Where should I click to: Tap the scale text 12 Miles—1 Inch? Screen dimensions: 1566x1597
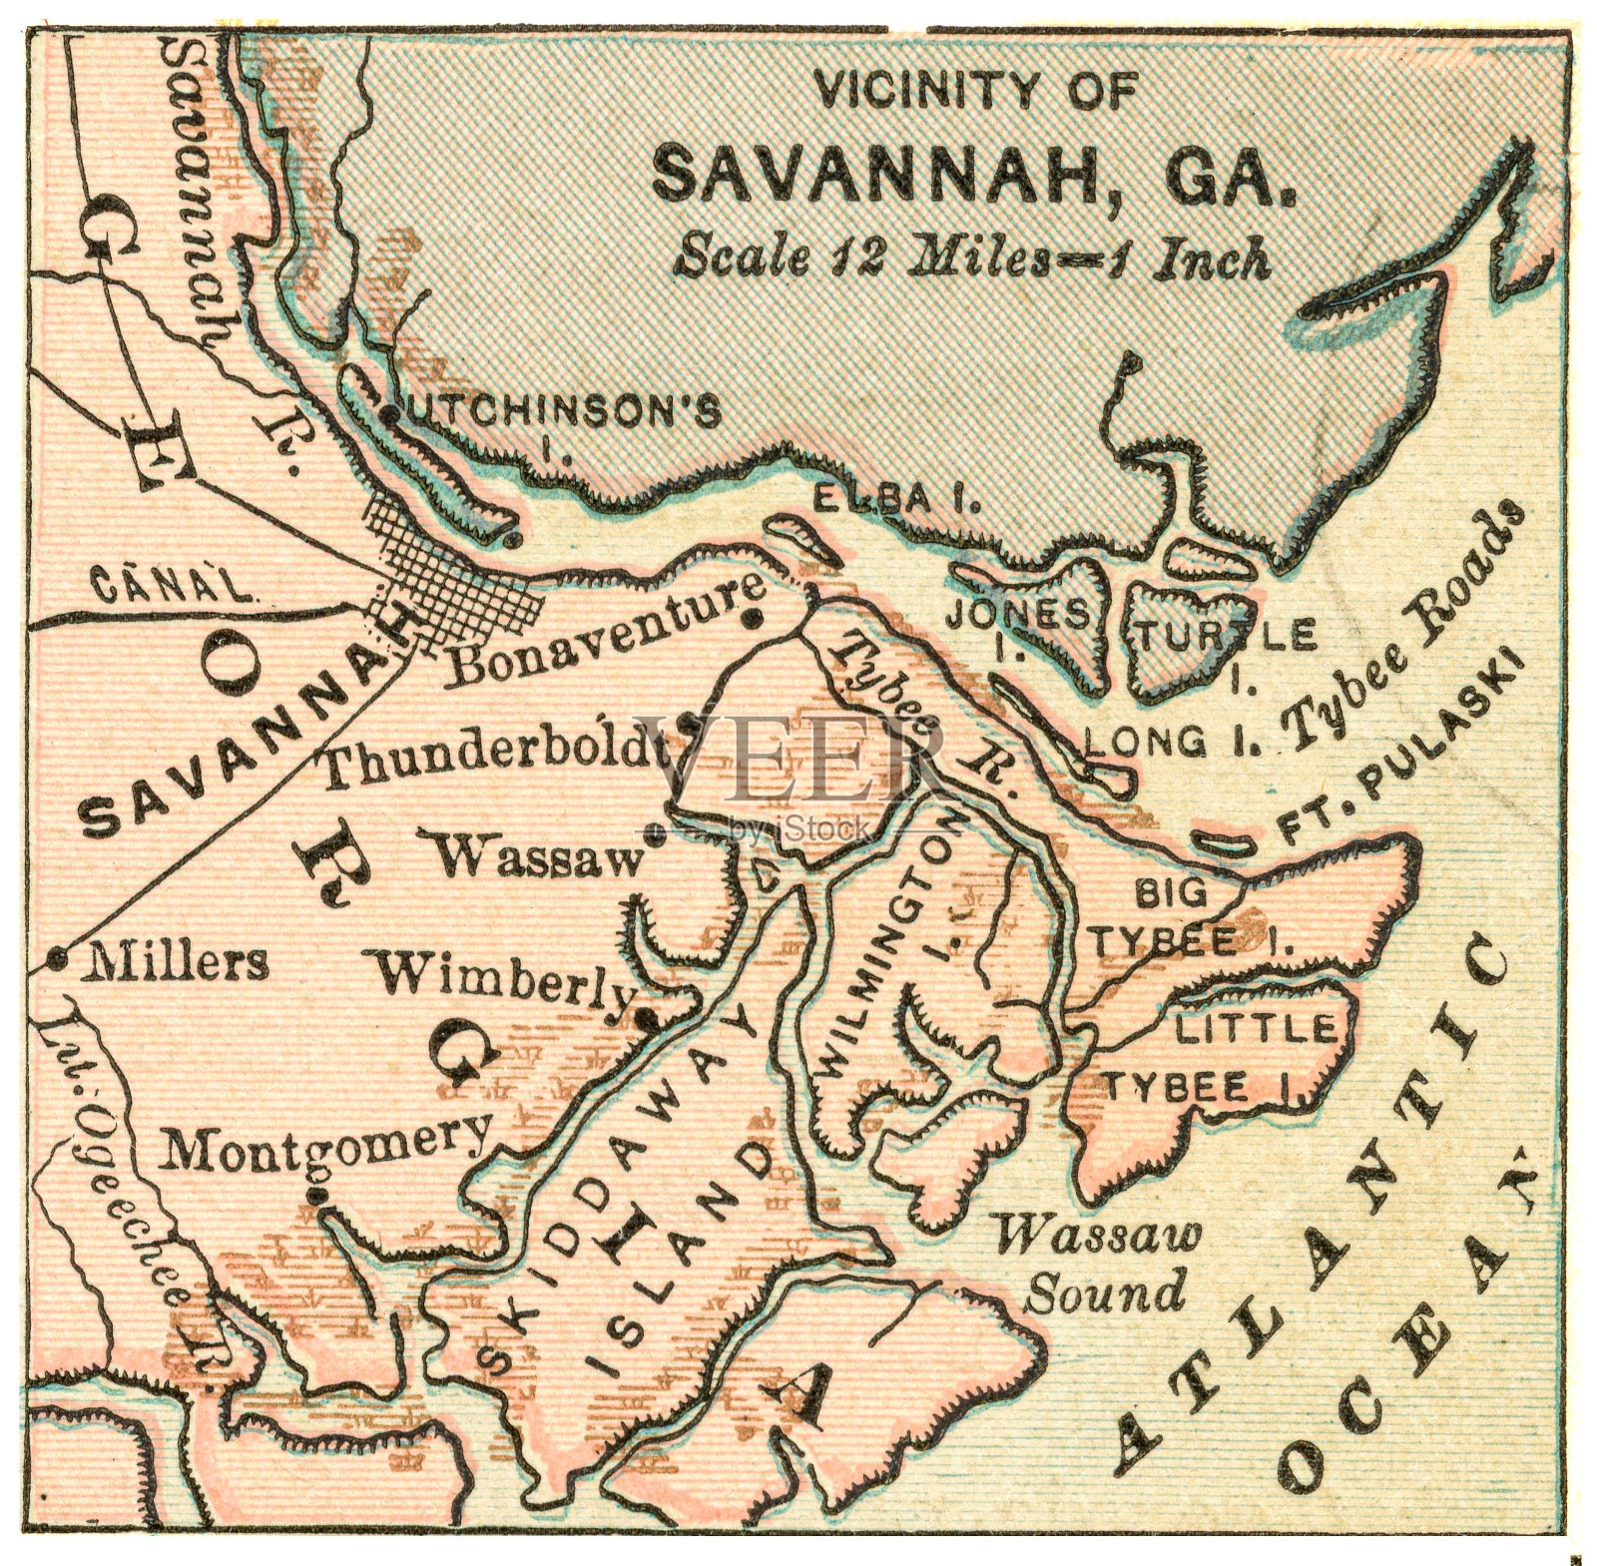[973, 258]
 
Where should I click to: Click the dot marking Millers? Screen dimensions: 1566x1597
[57, 959]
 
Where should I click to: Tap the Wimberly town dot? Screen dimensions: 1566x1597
[647, 1018]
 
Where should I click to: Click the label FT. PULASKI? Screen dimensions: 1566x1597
[1397, 749]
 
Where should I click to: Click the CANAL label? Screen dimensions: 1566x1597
[172, 585]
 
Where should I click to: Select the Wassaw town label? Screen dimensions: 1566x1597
[536, 855]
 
